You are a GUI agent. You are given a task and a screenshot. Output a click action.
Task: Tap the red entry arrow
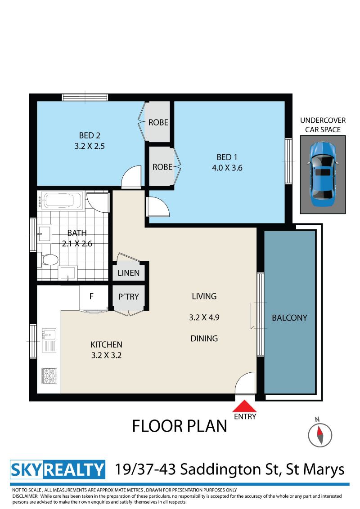coord(245,406)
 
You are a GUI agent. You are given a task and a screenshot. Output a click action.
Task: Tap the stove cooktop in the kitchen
coord(49,376)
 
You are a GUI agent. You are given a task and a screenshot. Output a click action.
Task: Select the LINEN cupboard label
coord(128,273)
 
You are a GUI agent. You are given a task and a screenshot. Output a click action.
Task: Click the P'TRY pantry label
coord(129,297)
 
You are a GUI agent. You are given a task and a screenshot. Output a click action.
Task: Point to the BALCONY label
coord(289,318)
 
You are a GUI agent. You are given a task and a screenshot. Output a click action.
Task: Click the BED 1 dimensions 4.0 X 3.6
coord(227,168)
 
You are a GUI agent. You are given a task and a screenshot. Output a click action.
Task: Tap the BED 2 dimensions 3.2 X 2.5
coord(90,146)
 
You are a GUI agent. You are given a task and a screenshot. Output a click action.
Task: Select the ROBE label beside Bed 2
coord(158,122)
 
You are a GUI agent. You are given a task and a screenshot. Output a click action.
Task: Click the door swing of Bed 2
coord(131,177)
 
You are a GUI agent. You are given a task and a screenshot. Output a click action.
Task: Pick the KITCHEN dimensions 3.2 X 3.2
coord(106,355)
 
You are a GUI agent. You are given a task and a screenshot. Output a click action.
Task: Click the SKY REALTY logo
coord(58,470)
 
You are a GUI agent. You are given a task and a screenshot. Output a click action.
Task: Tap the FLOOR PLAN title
coord(180,426)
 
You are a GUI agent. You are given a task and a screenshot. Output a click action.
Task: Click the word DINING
coord(204,339)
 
